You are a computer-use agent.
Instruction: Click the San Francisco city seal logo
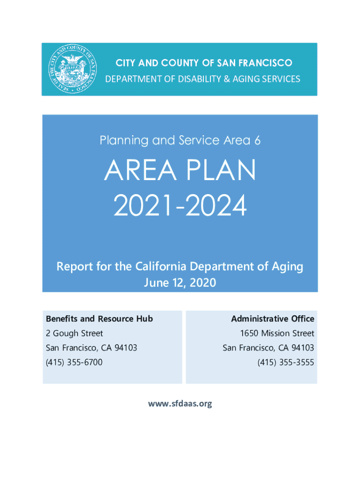(x=72, y=69)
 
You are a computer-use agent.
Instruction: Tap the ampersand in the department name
(x=227, y=79)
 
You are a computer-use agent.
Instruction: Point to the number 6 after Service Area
(x=257, y=140)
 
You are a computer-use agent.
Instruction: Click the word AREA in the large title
(x=140, y=170)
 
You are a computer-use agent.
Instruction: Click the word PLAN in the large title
(x=221, y=170)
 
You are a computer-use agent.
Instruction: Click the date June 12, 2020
(x=180, y=283)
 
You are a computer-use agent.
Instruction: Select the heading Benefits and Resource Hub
(x=99, y=319)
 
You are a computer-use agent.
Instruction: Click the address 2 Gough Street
(x=74, y=333)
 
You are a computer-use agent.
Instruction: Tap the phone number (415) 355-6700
(x=74, y=363)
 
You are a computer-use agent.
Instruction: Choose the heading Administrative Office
(x=273, y=319)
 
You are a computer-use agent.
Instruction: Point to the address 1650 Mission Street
(x=277, y=333)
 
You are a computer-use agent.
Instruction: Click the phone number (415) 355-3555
(x=286, y=363)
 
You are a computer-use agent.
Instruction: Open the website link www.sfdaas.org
(x=180, y=404)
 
